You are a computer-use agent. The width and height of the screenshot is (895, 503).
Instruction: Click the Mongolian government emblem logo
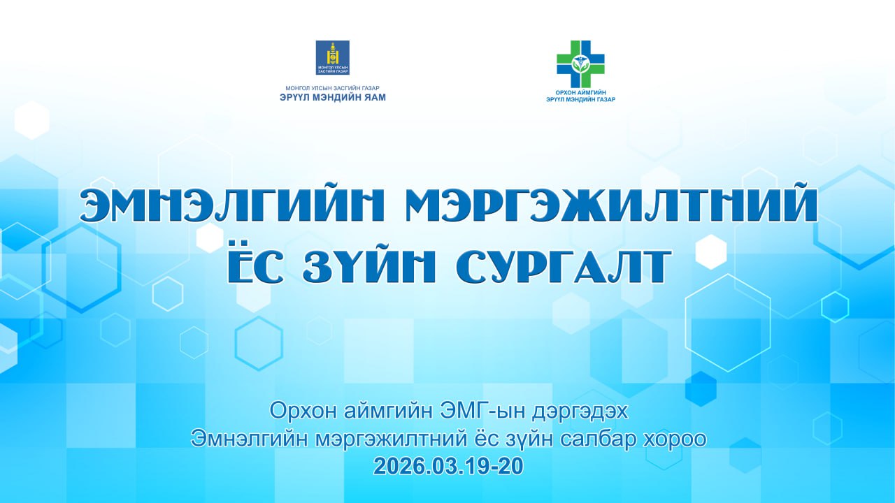pos(332,58)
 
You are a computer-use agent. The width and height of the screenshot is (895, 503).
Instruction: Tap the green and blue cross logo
pos(580,64)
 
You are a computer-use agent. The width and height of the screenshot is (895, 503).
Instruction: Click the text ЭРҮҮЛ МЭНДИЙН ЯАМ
pos(332,97)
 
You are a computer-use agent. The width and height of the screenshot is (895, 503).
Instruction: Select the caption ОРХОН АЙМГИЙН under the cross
pos(580,92)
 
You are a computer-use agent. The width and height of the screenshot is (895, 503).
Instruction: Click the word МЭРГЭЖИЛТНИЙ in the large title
pos(610,205)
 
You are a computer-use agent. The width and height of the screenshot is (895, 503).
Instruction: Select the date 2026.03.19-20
pos(447,467)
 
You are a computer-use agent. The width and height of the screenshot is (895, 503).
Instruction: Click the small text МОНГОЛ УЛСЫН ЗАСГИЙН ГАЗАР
pos(332,87)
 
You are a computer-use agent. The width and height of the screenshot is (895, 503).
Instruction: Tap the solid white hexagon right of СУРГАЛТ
pos(711,251)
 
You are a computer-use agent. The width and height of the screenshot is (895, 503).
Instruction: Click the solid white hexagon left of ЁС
pos(210,238)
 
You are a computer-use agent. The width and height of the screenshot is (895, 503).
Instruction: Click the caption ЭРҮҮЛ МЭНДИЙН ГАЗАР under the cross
pos(580,100)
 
